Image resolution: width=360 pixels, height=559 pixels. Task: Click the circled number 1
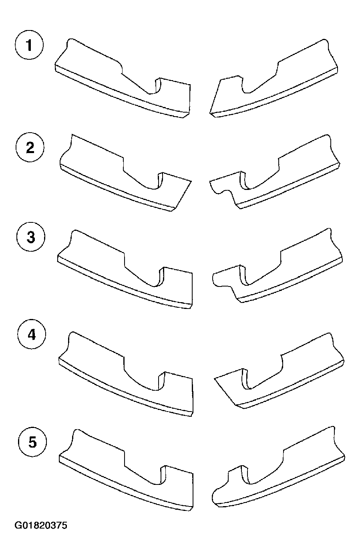click(x=29, y=45)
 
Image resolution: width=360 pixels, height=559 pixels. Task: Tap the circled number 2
click(x=30, y=147)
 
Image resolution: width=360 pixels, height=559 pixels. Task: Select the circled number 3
click(x=31, y=237)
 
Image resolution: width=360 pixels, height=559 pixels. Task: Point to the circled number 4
click(x=32, y=335)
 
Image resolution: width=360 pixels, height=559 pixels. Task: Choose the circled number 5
click(x=32, y=442)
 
